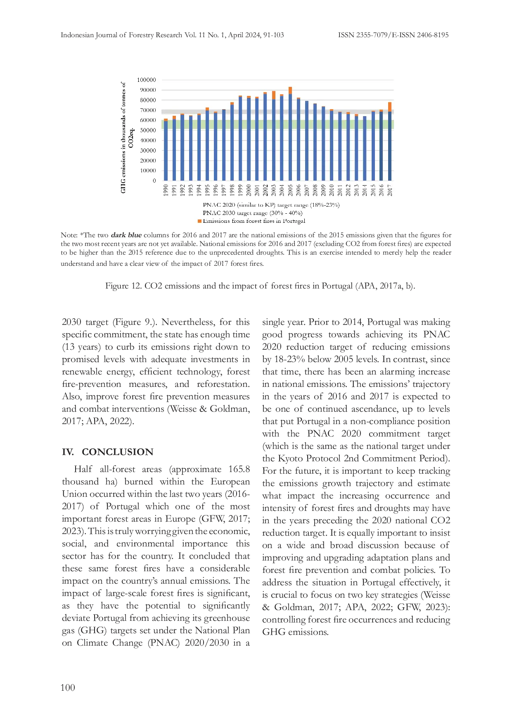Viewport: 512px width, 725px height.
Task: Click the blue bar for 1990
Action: point(166,151)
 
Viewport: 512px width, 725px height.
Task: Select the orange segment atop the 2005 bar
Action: point(290,90)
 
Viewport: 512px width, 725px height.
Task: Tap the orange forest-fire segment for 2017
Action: point(390,107)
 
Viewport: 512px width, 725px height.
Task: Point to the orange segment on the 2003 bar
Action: point(274,95)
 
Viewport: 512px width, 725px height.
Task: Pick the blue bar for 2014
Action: point(365,148)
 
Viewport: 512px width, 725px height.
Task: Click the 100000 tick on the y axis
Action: point(147,80)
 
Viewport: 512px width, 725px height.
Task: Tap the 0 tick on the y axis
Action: point(154,181)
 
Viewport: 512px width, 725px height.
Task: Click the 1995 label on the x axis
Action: point(207,190)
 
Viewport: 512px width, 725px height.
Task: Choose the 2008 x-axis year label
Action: point(315,190)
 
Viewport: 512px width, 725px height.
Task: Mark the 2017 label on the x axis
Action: point(390,190)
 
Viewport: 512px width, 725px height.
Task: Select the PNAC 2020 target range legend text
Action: point(271,205)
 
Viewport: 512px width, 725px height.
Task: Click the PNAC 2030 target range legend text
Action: point(252,213)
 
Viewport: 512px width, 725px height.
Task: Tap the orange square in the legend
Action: point(200,221)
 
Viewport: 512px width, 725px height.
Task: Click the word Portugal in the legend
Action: point(294,221)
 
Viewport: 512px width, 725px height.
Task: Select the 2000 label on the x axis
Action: point(249,190)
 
